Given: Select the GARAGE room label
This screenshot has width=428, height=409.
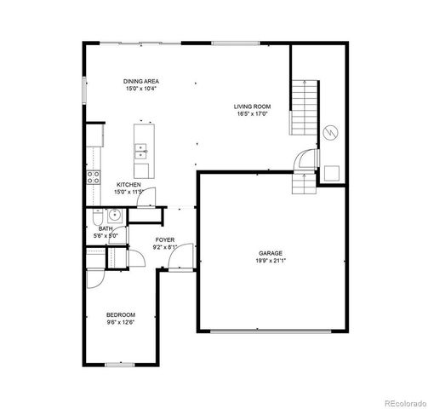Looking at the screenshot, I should pos(271,252).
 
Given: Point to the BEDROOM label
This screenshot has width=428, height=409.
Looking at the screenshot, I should pos(120,315).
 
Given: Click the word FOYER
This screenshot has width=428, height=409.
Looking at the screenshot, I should pos(164,240).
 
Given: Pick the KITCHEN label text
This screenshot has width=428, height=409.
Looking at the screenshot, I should pos(128,185).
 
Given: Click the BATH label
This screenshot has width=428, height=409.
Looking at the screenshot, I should pos(106,228).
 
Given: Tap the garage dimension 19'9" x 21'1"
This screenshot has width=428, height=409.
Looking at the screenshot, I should pos(271,260).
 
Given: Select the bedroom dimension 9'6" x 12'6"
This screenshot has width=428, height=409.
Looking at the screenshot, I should pos(120,323).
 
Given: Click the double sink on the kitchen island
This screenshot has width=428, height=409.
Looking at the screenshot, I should pos(140,152).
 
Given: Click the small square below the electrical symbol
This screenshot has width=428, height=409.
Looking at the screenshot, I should pos(331,171).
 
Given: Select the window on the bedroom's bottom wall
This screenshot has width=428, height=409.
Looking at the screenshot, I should pos(120,365).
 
